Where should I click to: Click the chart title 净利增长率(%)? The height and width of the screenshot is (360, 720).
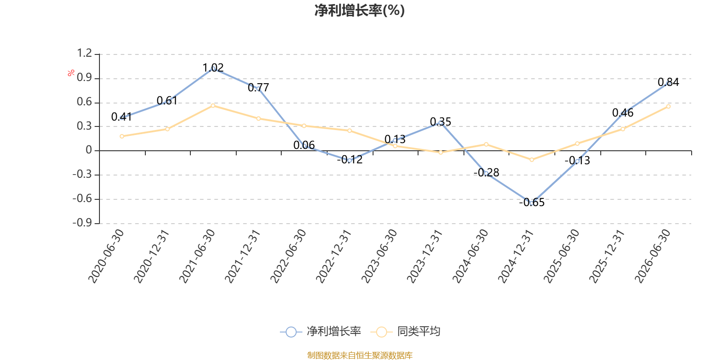360,10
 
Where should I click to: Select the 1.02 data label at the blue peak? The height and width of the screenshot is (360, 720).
213,67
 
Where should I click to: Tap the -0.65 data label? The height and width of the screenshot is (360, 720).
531,202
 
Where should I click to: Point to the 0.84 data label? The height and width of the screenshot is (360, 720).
668,82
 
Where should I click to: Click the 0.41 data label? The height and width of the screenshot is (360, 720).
121,117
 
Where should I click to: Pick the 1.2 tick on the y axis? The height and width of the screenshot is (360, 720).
84,53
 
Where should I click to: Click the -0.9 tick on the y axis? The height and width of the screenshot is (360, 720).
82,222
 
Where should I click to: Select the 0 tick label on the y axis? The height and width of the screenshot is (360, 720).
89,150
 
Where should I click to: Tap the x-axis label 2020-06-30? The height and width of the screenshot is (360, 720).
106,256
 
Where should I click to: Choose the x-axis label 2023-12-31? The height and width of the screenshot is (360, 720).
425,256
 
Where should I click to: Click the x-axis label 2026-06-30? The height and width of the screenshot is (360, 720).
652,256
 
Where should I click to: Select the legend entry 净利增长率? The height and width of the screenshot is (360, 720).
320,331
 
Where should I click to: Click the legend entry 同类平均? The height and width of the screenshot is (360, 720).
405,331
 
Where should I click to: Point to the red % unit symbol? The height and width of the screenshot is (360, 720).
71,73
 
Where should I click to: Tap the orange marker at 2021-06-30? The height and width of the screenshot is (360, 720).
213,106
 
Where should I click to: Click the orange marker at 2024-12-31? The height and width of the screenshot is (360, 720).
531,160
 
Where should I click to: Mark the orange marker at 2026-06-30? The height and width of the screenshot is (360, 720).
668,106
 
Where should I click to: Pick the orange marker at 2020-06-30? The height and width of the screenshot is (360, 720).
122,136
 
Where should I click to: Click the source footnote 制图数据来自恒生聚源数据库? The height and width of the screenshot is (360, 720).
360,355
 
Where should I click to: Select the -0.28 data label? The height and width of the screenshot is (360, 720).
486,173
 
